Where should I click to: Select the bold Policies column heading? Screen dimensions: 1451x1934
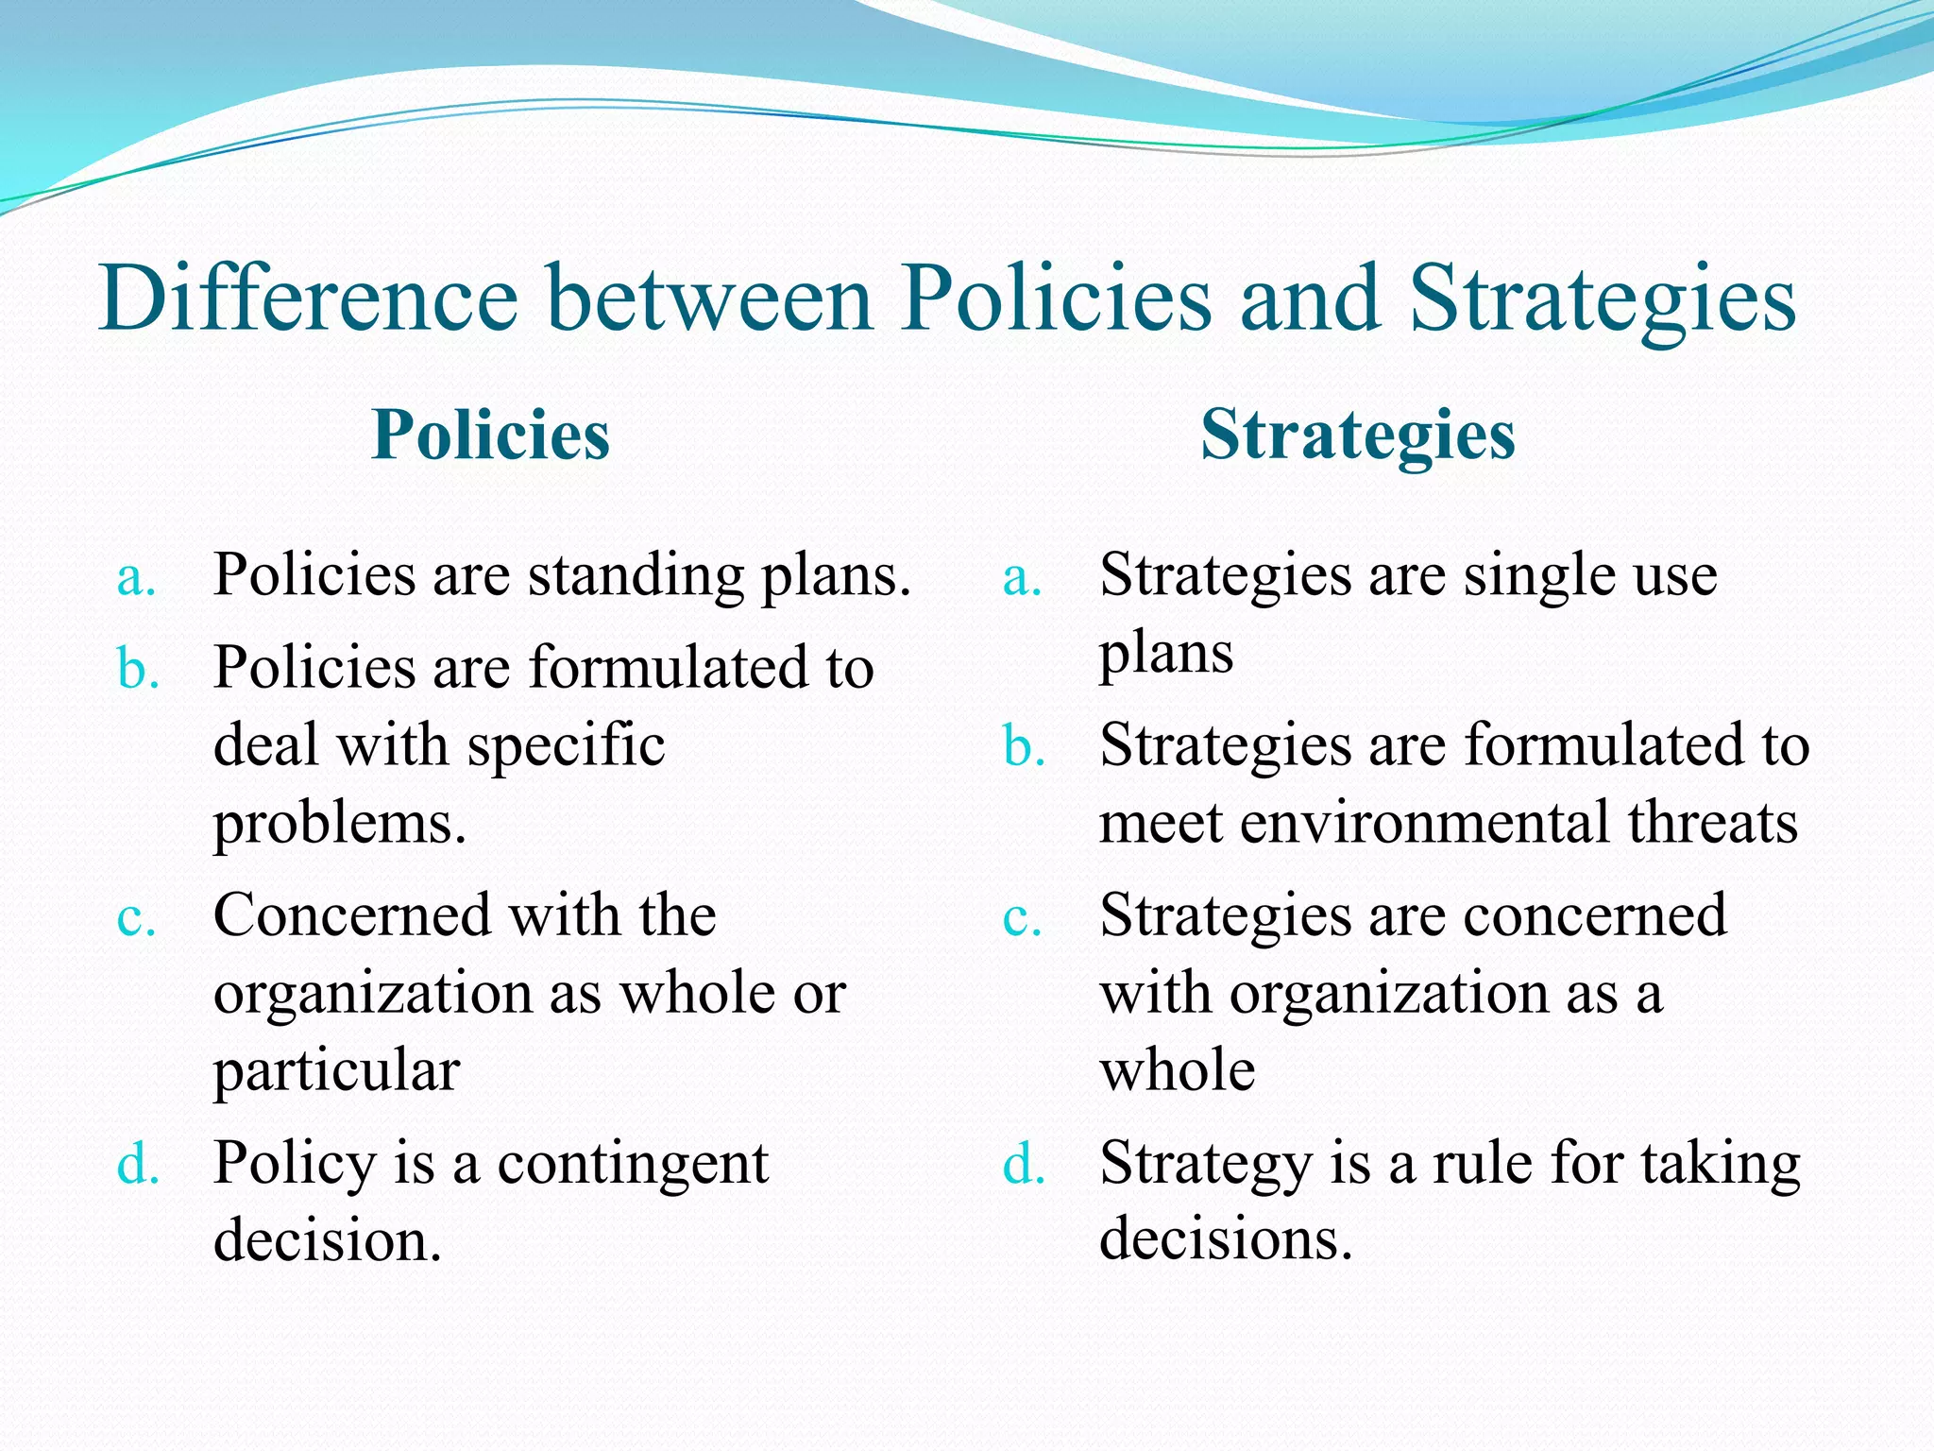(490, 435)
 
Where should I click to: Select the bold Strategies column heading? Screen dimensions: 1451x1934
(1357, 435)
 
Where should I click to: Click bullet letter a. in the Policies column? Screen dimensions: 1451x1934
(136, 577)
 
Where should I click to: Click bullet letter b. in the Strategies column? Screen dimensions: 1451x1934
(1024, 747)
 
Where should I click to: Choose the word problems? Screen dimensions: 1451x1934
(340, 824)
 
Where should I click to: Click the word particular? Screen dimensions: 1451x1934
(336, 1071)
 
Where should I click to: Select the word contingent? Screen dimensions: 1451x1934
(633, 1164)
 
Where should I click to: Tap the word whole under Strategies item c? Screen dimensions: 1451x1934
(1177, 1071)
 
